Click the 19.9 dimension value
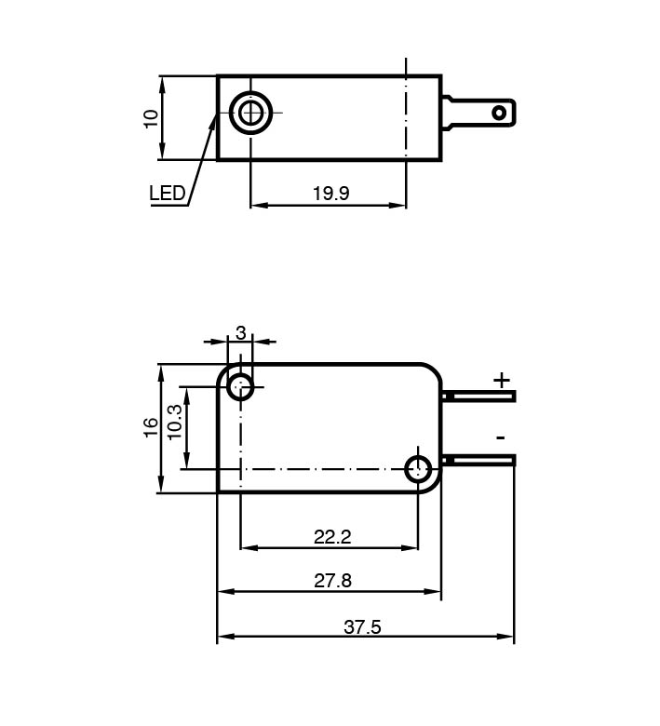(x=330, y=194)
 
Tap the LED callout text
(x=167, y=194)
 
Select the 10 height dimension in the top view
(x=150, y=118)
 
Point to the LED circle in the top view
(x=250, y=114)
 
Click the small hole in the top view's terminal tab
(x=500, y=114)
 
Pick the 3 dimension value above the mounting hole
(x=240, y=332)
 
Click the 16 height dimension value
(x=150, y=428)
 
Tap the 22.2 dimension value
(x=332, y=537)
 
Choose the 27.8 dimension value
(x=332, y=581)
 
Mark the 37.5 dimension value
(x=362, y=627)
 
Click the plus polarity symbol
(x=502, y=380)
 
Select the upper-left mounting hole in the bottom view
(x=241, y=386)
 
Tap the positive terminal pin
(x=481, y=397)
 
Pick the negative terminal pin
(x=481, y=459)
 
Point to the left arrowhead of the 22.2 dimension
(x=247, y=547)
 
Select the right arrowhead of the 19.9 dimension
(x=400, y=205)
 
